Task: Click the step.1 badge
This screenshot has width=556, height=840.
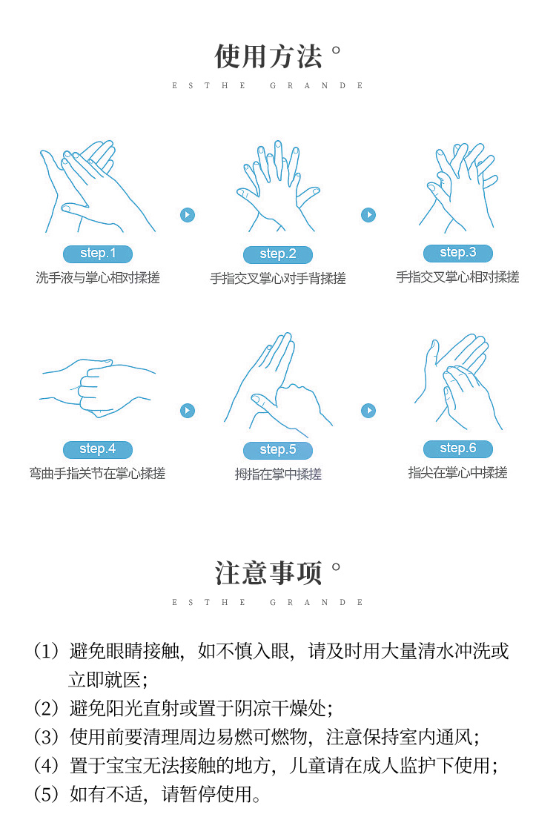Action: [x=98, y=254]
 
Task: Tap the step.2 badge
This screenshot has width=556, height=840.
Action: [x=277, y=254]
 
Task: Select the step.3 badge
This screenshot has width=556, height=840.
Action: [x=458, y=253]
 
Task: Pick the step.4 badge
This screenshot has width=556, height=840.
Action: [x=98, y=449]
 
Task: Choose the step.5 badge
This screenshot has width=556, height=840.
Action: [x=277, y=450]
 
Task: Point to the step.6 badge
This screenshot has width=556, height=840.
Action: [x=458, y=449]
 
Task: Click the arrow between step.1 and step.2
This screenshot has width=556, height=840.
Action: [x=188, y=215]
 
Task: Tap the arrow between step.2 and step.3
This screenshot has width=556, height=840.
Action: [x=368, y=215]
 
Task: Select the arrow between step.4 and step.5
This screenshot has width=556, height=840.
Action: [x=188, y=410]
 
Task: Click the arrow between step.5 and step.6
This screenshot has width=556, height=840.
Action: [x=368, y=410]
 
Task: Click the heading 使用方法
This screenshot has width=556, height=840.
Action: [x=268, y=56]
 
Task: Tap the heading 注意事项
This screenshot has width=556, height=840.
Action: [x=268, y=573]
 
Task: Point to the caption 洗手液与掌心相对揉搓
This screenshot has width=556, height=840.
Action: [x=98, y=277]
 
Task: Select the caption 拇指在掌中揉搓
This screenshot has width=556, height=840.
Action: [x=278, y=474]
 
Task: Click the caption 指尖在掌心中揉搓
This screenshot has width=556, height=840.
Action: [x=457, y=472]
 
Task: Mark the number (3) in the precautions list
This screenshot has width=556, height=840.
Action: [x=46, y=737]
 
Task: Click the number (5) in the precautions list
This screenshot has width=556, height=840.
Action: [x=46, y=795]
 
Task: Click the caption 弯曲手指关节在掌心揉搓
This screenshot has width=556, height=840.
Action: [x=97, y=473]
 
